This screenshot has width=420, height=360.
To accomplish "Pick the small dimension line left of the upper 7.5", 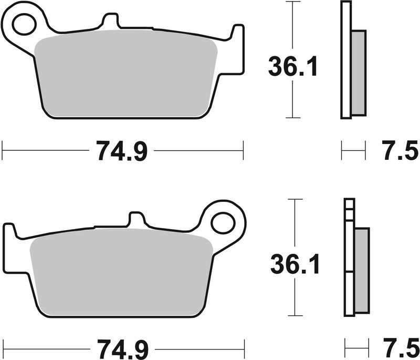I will [x=353, y=151].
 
